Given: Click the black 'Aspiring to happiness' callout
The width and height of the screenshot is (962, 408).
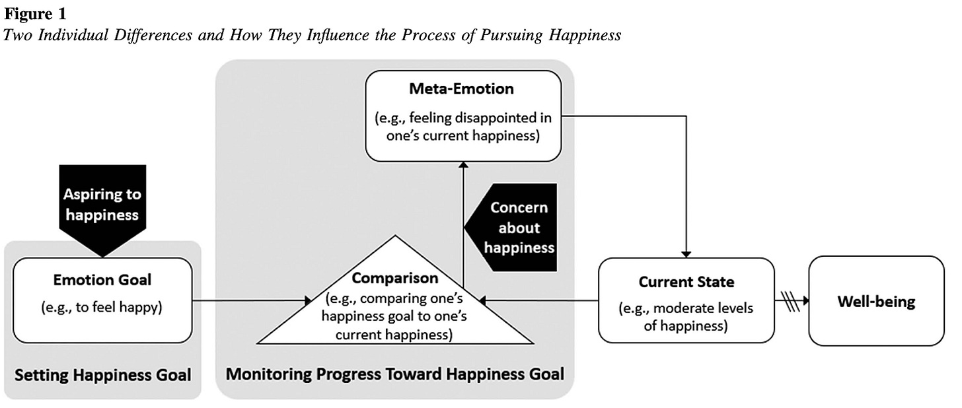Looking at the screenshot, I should (102, 206).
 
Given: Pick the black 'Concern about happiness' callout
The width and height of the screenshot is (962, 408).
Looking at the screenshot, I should (515, 227).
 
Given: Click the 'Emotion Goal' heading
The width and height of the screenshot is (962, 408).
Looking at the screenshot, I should (102, 280).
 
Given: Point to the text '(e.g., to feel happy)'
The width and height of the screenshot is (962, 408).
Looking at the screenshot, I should (102, 307).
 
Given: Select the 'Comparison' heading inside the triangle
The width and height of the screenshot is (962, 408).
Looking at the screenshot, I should (394, 277).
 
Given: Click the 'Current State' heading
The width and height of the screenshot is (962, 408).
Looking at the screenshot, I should (686, 282).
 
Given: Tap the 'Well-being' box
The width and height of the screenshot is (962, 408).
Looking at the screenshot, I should (876, 302).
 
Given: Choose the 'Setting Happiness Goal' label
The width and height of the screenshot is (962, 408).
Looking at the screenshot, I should (102, 375).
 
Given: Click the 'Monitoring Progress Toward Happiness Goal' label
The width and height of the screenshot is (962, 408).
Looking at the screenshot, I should (394, 374).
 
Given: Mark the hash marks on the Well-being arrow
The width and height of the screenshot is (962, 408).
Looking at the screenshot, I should (790, 301).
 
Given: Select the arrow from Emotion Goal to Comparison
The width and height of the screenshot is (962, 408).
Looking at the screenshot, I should (251, 301).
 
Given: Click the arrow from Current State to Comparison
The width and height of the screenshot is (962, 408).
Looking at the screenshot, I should (538, 301).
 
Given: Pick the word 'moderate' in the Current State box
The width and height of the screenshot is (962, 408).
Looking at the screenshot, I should (704, 308).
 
